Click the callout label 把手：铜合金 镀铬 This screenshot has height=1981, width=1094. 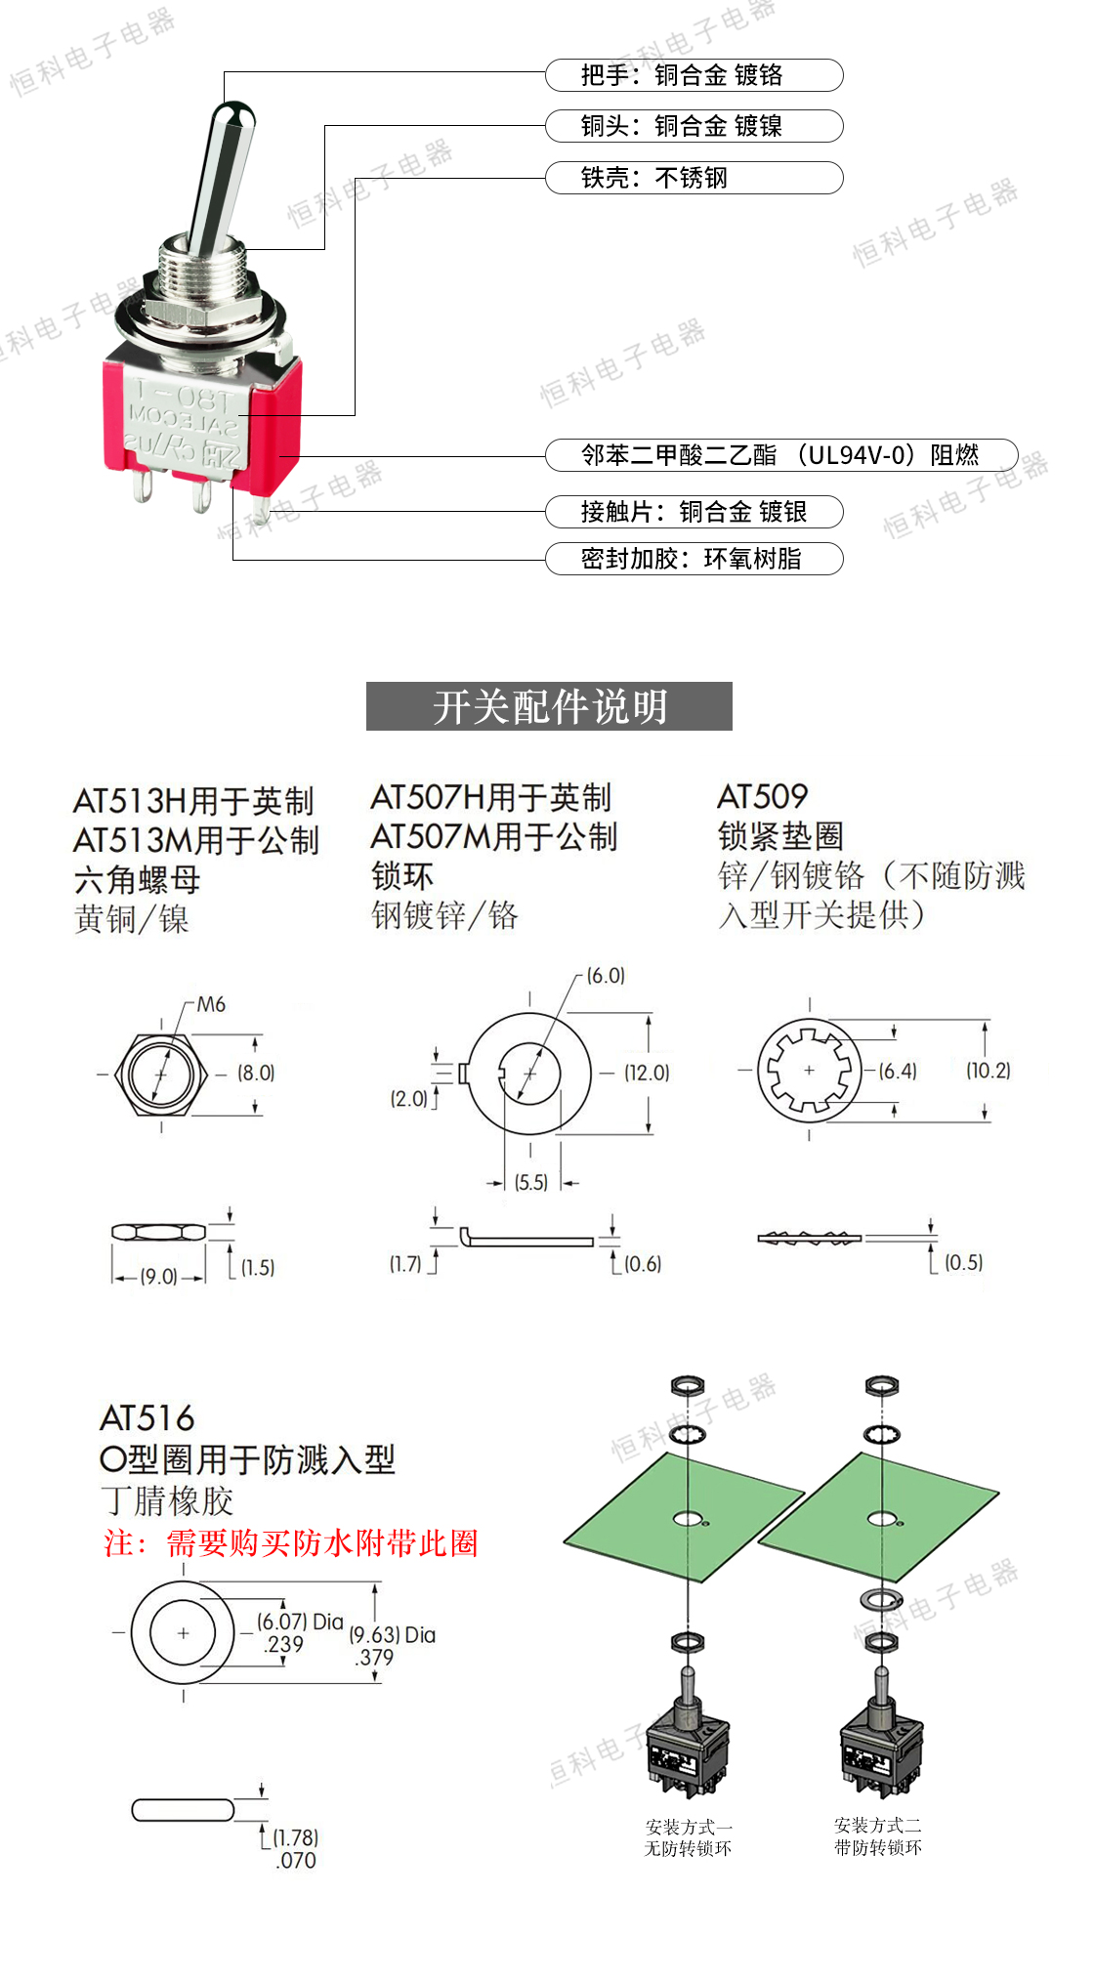click(x=694, y=75)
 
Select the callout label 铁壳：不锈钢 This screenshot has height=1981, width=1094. click(x=694, y=178)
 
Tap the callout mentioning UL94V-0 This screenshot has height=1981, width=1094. click(x=780, y=455)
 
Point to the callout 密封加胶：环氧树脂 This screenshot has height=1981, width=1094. click(x=694, y=559)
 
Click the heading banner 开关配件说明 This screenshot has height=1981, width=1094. click(x=549, y=706)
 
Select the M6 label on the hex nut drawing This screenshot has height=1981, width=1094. click(x=211, y=1005)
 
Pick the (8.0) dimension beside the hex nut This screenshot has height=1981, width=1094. click(x=256, y=1073)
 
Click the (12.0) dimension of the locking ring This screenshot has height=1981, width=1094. click(x=647, y=1073)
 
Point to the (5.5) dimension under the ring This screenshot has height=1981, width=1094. click(x=531, y=1183)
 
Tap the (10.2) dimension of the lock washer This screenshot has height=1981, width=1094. click(x=988, y=1071)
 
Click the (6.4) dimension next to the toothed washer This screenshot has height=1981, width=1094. click(x=898, y=1071)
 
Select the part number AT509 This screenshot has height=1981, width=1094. click(x=763, y=797)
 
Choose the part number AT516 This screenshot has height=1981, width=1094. click(x=147, y=1418)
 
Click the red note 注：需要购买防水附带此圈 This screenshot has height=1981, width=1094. click(x=291, y=1543)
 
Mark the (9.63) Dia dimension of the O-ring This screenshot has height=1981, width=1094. click(x=392, y=1635)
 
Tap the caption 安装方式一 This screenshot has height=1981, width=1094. click(x=689, y=1827)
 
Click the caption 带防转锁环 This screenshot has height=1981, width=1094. click(x=878, y=1848)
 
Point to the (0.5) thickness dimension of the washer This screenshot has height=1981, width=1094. click(x=963, y=1262)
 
